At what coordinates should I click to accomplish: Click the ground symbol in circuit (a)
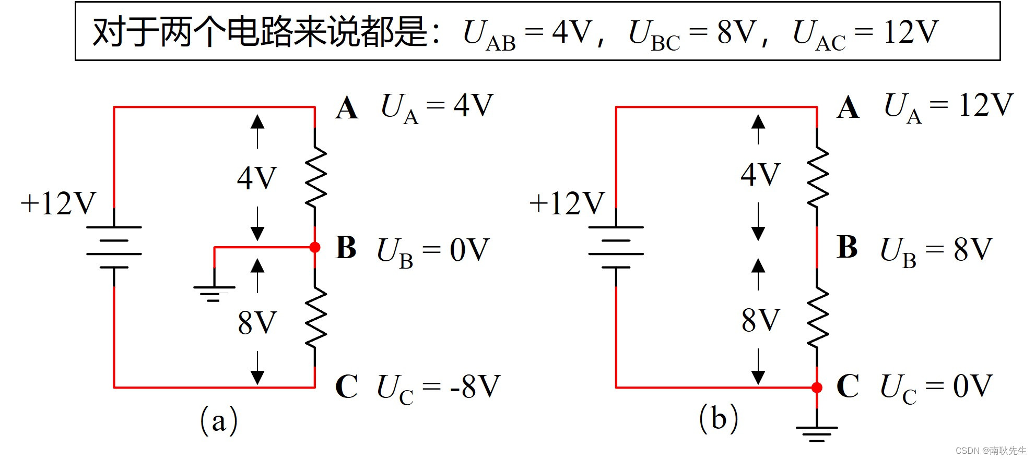(x=214, y=293)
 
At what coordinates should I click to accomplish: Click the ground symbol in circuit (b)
(x=817, y=433)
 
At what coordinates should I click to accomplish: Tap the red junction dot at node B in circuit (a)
(x=315, y=247)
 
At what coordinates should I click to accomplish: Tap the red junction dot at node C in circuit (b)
(x=817, y=388)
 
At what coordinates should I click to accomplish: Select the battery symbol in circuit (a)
(x=114, y=247)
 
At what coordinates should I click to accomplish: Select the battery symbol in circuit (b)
(x=616, y=247)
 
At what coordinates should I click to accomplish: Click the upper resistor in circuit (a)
(x=315, y=175)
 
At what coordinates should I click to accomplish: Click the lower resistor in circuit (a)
(x=315, y=318)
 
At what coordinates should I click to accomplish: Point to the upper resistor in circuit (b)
(x=817, y=175)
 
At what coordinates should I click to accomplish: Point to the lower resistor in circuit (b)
(x=817, y=318)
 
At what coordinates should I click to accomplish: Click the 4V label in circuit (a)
(x=256, y=178)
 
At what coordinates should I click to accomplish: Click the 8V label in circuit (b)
(x=760, y=320)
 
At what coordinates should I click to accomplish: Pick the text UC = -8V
(x=438, y=388)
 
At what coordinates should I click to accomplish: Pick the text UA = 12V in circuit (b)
(x=948, y=106)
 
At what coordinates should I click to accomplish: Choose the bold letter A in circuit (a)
(x=347, y=108)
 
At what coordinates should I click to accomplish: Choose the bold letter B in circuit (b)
(x=847, y=247)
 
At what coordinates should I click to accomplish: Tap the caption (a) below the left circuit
(x=219, y=420)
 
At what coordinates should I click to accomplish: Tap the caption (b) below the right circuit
(x=719, y=419)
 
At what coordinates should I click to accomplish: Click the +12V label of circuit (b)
(x=567, y=203)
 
